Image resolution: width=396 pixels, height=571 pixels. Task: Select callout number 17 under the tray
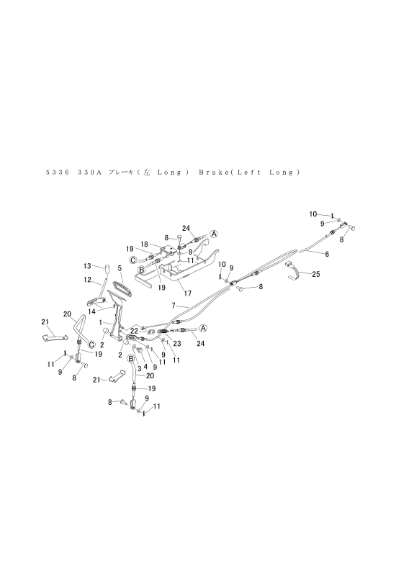coord(188,293)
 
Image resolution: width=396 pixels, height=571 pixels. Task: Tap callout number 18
coord(144,245)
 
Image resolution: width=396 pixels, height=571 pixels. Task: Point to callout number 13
coord(87,266)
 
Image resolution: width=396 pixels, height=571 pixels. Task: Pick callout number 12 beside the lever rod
coord(87,280)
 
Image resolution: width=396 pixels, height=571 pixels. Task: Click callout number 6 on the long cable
coord(327,254)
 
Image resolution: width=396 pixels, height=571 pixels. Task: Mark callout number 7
coord(174,305)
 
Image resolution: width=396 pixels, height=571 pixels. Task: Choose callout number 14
coord(91,311)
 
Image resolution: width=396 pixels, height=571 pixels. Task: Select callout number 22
coord(134,331)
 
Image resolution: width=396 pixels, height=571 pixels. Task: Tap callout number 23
coord(177,343)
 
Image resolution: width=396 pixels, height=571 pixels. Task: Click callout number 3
coord(139,368)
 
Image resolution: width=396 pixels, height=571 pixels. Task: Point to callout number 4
coord(145,367)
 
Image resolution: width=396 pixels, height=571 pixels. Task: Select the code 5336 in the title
coord(58,173)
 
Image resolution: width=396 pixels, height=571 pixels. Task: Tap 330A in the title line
coord(89,173)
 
